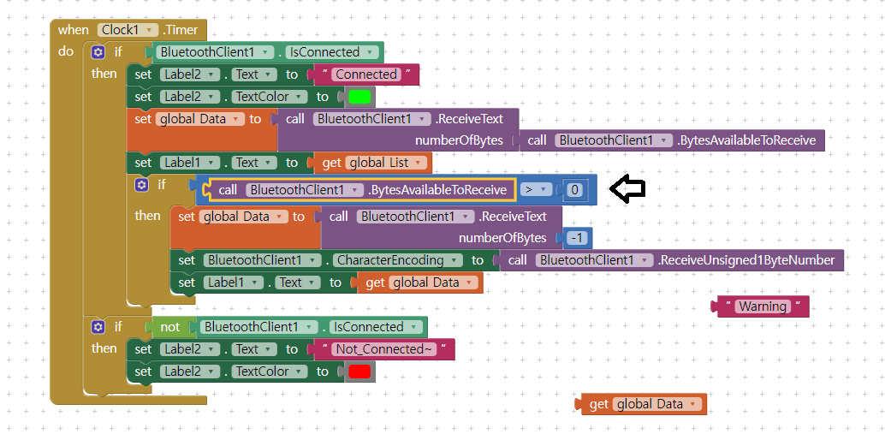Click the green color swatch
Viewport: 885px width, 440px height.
[359, 97]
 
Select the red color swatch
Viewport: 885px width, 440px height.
[359, 372]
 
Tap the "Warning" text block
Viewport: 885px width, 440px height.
[762, 306]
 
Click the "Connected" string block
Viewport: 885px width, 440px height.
[366, 74]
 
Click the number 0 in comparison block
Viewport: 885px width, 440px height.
[575, 190]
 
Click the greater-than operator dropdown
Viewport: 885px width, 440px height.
[535, 190]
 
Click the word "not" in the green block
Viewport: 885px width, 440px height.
[170, 327]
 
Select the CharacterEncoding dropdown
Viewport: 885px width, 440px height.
[395, 260]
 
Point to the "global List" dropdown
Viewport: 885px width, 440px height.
[386, 163]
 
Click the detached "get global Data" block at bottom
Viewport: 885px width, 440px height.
[644, 405]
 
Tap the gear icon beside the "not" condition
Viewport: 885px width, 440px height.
[98, 327]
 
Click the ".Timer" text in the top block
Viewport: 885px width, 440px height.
[181, 30]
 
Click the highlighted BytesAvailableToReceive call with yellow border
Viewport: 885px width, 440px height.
[359, 190]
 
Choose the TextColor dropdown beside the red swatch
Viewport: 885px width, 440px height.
[266, 372]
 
